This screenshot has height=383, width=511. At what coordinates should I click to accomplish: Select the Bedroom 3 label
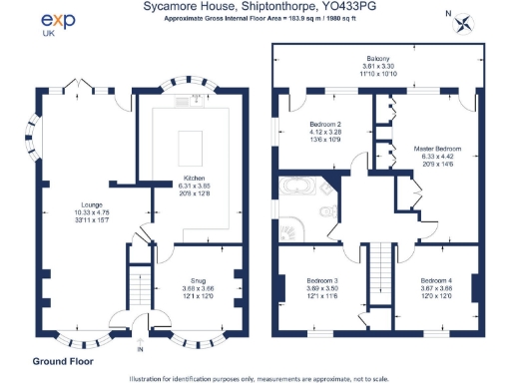coord(321,281)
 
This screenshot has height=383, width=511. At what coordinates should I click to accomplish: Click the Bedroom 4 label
coord(435,281)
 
